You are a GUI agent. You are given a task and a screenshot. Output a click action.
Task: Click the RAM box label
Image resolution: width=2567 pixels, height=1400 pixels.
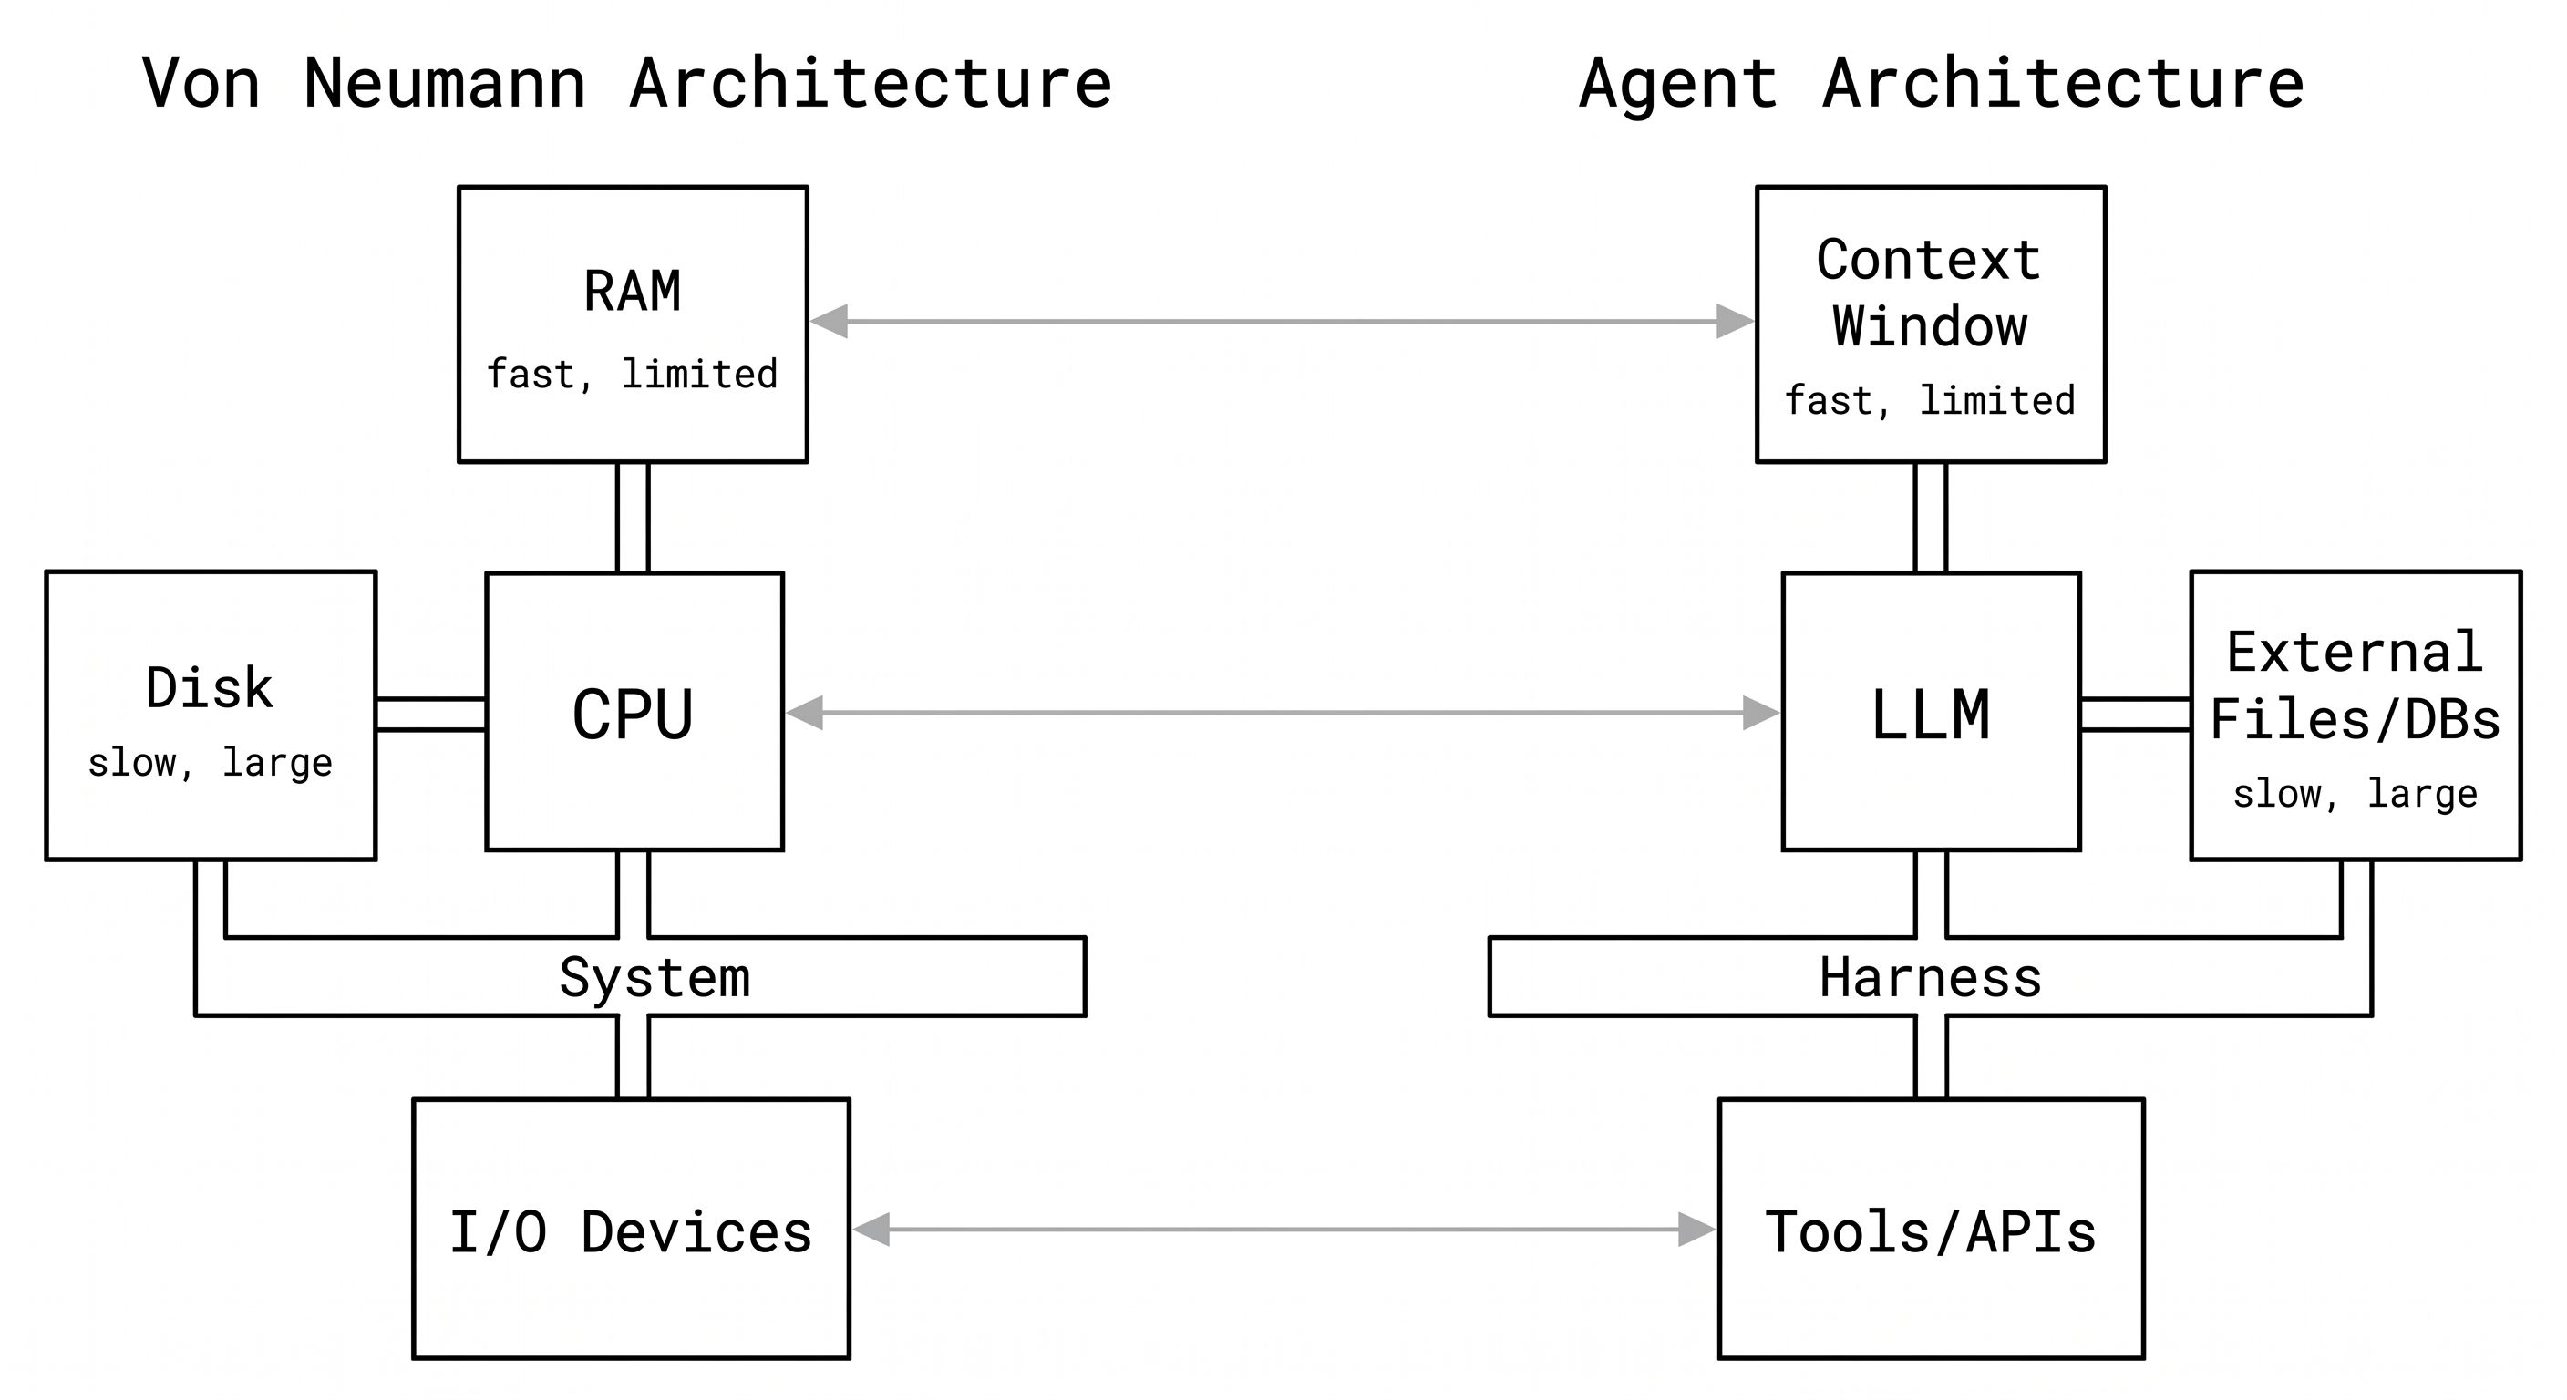[632, 292]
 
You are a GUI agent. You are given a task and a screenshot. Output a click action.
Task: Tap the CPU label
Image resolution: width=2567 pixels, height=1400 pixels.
[633, 715]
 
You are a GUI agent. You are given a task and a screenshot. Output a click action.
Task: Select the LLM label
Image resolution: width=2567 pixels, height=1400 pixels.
[1930, 715]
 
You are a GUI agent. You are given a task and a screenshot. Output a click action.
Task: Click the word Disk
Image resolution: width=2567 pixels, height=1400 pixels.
[210, 687]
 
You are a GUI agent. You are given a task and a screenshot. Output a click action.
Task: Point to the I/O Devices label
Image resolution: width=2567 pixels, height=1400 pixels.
[631, 1231]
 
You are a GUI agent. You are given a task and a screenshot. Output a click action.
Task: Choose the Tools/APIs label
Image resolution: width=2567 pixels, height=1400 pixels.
[1930, 1231]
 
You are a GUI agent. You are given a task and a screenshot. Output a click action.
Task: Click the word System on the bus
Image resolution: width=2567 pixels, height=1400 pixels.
[655, 977]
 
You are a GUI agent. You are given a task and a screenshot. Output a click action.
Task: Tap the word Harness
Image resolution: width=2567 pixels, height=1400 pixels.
[1930, 977]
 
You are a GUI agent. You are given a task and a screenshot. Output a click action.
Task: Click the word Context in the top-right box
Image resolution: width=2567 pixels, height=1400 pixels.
[1928, 260]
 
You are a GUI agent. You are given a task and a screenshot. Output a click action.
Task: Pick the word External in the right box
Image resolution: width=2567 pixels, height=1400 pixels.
[2355, 653]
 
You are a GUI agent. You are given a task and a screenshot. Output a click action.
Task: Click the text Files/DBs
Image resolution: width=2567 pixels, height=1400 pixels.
[2355, 719]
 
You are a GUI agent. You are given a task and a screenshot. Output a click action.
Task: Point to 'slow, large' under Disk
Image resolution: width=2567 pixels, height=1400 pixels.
[210, 762]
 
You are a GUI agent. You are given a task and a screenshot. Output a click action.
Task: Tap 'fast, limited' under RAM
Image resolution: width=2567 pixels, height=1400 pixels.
[632, 375]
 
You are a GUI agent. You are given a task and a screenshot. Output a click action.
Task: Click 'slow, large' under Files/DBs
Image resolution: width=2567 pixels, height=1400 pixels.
[2355, 794]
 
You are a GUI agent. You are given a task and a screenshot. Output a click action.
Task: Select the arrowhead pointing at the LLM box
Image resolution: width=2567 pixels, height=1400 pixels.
[1761, 713]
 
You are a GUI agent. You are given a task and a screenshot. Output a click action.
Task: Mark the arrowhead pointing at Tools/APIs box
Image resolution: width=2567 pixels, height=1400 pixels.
[1696, 1230]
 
